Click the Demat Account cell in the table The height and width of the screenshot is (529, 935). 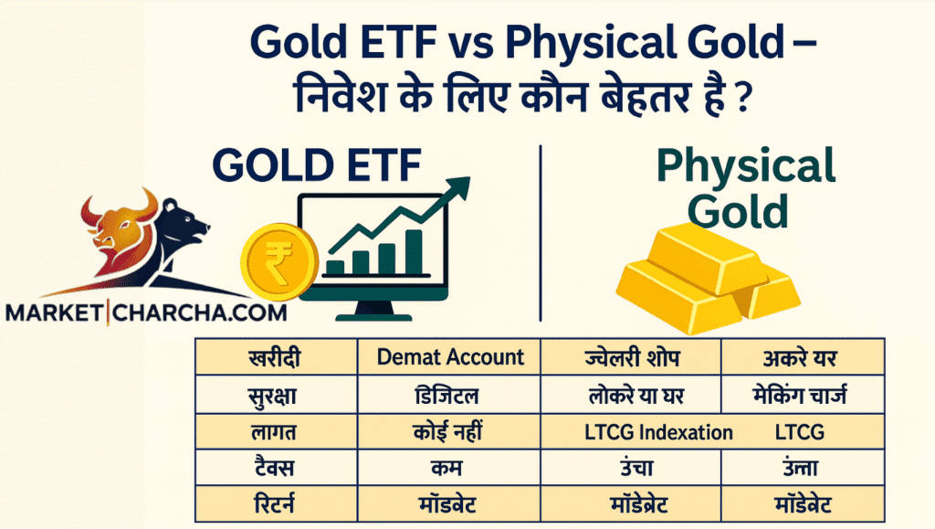450,357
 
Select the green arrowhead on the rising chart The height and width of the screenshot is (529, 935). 457,190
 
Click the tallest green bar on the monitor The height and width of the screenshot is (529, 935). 414,251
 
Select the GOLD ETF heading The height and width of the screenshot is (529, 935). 317,164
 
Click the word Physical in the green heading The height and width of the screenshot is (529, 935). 746,165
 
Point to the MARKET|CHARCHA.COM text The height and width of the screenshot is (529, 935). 146,312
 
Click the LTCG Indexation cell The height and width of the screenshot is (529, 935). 658,432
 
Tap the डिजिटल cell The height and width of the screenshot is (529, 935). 446,395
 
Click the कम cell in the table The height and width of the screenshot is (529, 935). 446,468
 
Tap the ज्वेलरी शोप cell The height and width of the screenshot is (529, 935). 632,358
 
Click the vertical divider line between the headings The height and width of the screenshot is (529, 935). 541,233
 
